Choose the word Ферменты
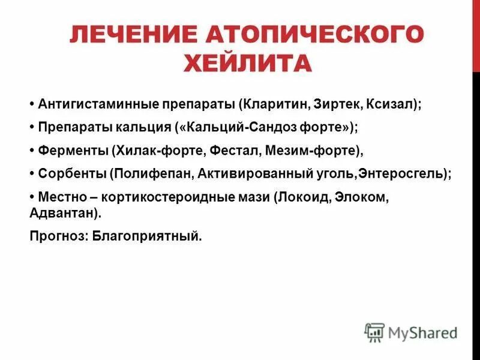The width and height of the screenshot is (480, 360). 72,150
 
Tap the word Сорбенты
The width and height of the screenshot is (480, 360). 71,173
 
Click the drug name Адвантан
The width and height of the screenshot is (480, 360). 62,213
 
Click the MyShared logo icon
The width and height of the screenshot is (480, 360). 374,332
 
